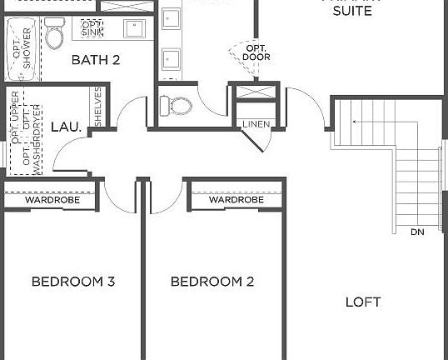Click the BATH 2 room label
(x=97, y=60)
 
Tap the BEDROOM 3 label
(x=73, y=282)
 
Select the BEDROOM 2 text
(x=212, y=282)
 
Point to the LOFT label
(x=363, y=302)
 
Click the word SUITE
(x=352, y=12)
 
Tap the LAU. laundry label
(x=66, y=127)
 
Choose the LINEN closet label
(x=254, y=125)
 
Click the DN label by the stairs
(x=417, y=232)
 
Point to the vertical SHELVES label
(x=97, y=107)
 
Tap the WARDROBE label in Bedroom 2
(x=236, y=200)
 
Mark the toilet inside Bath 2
(x=55, y=37)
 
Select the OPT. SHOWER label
(x=22, y=48)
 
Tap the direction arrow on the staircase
(x=356, y=122)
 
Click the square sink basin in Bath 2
(x=135, y=29)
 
